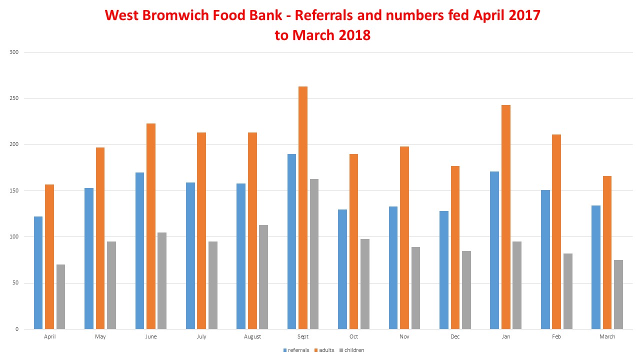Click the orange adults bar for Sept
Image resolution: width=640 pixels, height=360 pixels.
tap(303, 207)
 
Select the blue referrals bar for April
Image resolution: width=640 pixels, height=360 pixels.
tap(38, 272)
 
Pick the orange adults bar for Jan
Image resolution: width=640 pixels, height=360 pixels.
tap(506, 217)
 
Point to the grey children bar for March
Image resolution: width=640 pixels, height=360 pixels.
tap(618, 294)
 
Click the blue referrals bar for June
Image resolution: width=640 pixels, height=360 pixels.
tap(139, 250)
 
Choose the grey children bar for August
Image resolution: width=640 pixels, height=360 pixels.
tap(263, 277)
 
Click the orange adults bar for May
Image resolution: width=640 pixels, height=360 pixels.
tap(100, 238)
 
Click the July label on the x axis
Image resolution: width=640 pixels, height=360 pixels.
tap(201, 337)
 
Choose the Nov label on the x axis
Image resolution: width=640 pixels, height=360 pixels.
tap(404, 337)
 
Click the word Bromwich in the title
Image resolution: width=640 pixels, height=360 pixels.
tap(178, 15)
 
